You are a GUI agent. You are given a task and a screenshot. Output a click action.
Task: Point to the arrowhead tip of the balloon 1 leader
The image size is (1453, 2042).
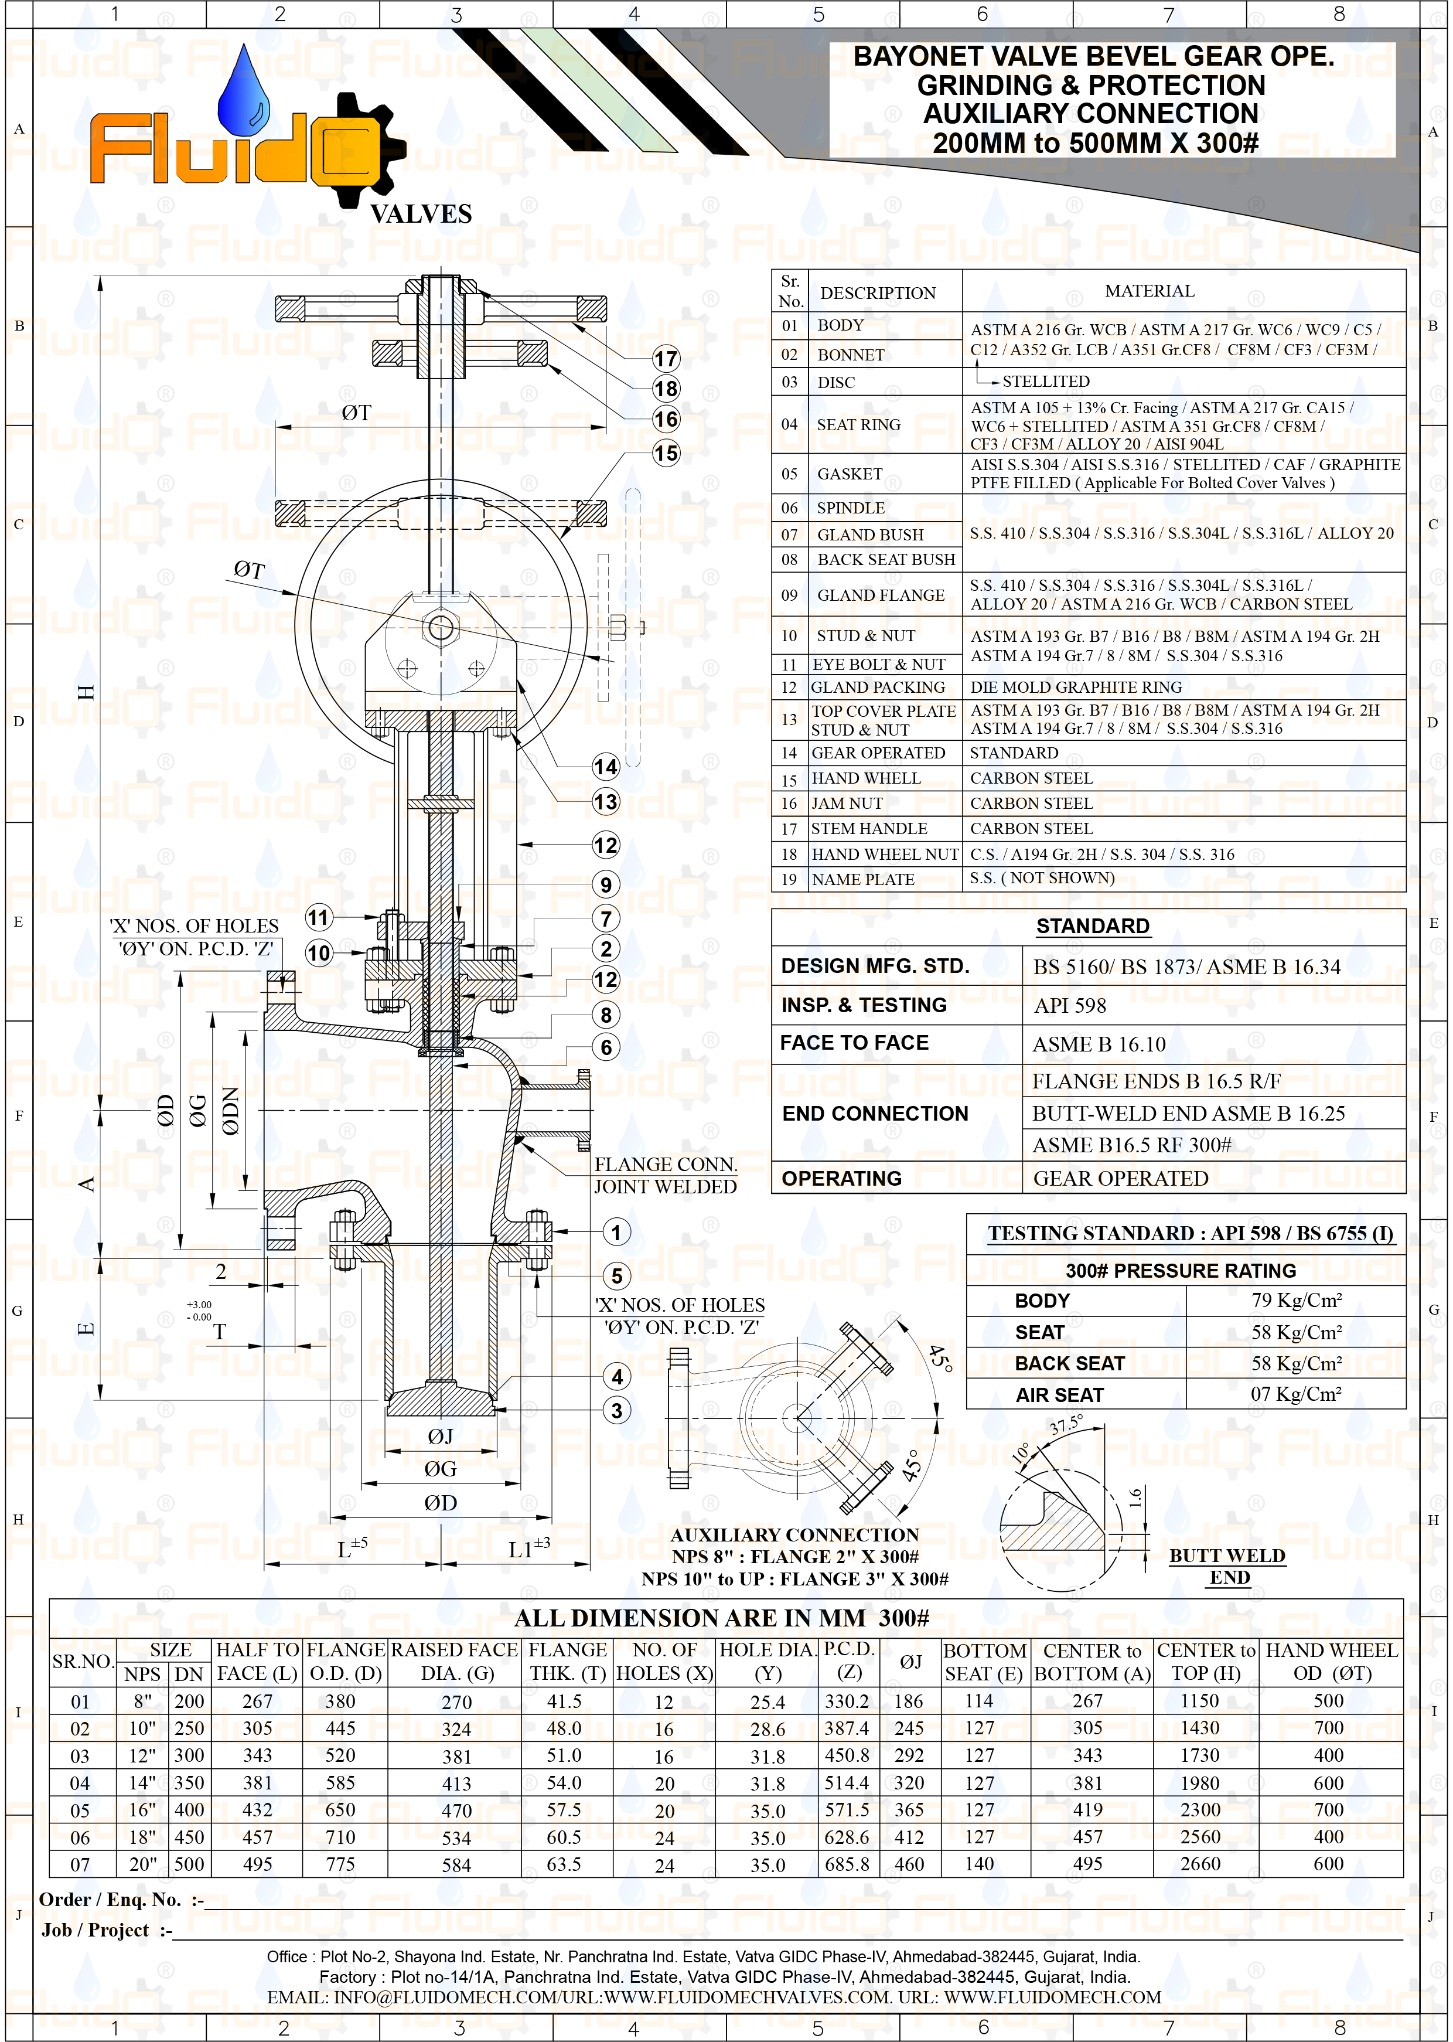pos(550,1232)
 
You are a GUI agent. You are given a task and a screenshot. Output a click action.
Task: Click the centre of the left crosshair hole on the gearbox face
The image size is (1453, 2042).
pos(407,668)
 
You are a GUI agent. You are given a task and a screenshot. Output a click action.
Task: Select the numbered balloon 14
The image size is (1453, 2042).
pos(606,767)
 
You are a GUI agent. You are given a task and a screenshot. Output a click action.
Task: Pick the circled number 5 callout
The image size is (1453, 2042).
pos(616,1276)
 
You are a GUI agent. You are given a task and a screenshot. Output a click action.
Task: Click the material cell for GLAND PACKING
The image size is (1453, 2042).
pos(1076,688)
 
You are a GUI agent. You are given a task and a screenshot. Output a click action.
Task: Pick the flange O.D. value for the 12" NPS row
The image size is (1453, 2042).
pos(340,1755)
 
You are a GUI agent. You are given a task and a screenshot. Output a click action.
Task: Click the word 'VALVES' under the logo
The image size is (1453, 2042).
pos(421,214)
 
